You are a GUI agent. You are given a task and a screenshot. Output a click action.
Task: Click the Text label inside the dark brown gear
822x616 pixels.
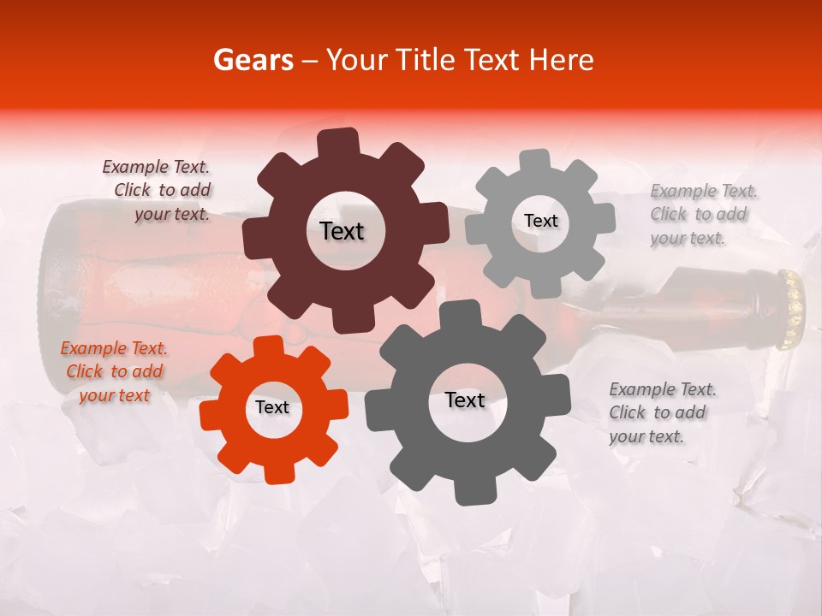[x=342, y=231]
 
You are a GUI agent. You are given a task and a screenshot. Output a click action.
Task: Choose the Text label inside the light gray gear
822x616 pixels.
[x=540, y=221]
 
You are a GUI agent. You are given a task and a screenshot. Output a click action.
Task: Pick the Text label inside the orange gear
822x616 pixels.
[x=272, y=407]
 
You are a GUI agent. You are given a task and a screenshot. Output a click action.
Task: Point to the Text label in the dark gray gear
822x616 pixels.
[x=465, y=400]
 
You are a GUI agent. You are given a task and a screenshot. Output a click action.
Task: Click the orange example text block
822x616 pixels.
[x=114, y=371]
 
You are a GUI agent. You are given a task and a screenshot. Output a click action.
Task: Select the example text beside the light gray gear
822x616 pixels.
[x=702, y=214]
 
